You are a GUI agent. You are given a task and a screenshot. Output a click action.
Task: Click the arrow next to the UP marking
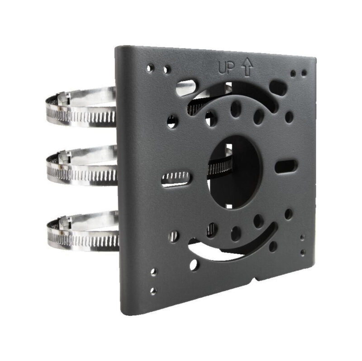247,68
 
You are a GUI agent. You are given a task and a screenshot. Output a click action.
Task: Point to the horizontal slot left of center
176,178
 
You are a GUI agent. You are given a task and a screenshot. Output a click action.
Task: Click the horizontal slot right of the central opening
286,166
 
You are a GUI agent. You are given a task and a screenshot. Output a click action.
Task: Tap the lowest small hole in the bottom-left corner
153,291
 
